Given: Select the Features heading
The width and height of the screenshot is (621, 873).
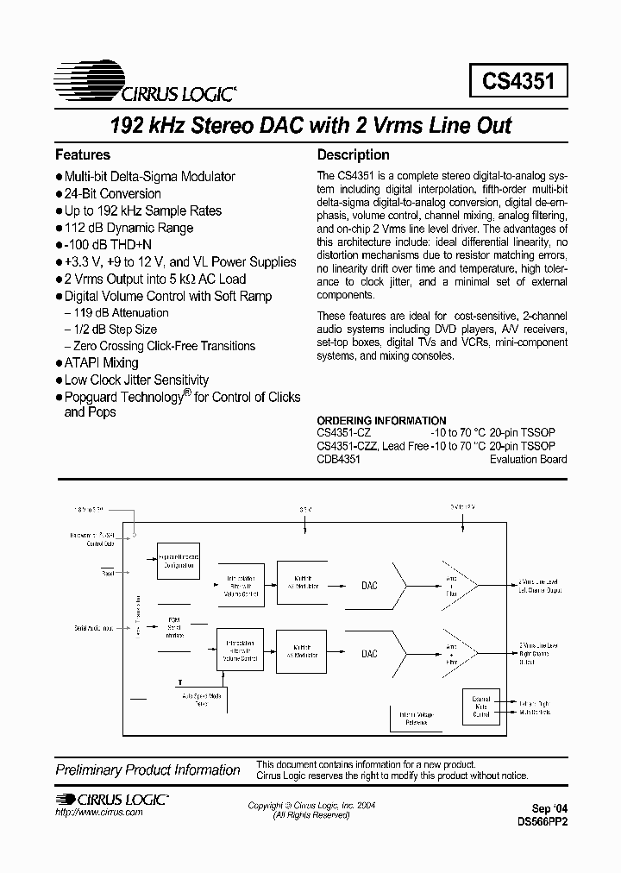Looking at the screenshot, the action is tap(83, 155).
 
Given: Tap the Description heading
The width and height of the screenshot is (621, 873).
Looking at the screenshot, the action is tap(354, 155).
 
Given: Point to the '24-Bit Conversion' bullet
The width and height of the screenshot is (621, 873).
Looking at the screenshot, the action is tap(112, 194).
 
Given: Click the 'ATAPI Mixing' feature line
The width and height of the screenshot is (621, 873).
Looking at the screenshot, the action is tap(101, 363).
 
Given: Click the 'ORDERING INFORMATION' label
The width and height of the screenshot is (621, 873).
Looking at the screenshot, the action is tap(382, 421).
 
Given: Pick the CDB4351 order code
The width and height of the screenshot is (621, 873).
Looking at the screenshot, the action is tap(339, 460).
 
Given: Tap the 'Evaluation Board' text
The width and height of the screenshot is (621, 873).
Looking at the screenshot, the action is tap(529, 460).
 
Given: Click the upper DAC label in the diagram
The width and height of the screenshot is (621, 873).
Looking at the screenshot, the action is tap(369, 585).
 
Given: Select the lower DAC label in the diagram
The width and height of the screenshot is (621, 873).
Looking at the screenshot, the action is tap(369, 654).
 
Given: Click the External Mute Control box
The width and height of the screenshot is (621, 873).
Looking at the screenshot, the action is tap(480, 705).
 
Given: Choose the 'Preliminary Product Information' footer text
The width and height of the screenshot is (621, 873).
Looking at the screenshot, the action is tap(147, 770).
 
